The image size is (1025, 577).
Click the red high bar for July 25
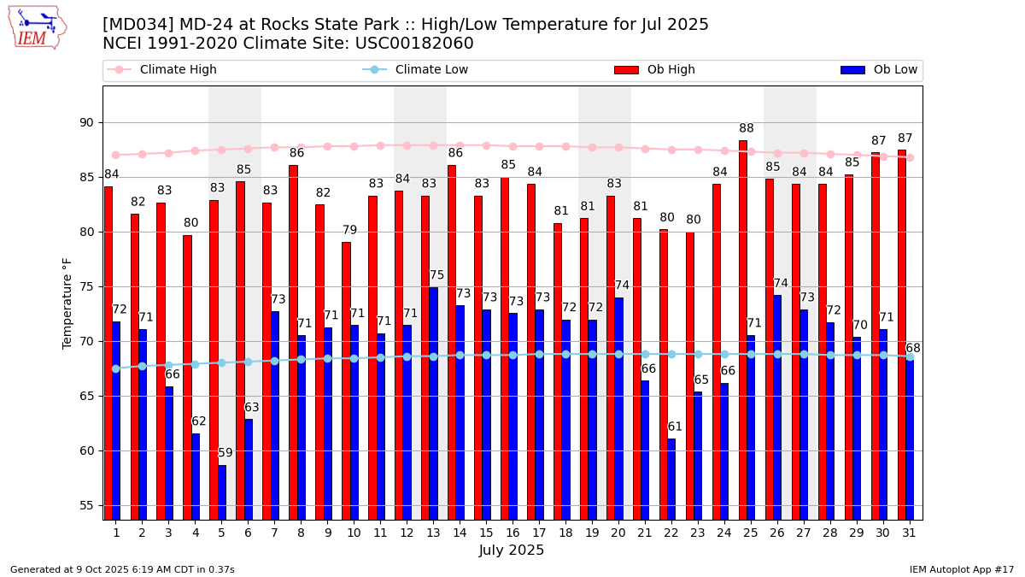[743, 329]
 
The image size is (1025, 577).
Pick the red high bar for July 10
[346, 380]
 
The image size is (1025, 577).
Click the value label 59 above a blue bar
[225, 453]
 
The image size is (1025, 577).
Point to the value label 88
[747, 129]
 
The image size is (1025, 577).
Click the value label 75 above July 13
[436, 275]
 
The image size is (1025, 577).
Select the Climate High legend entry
[178, 70]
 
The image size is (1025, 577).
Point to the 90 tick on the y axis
[86, 122]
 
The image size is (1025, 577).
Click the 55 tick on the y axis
[86, 505]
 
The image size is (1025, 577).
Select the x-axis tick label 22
[671, 533]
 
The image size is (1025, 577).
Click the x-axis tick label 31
[909, 533]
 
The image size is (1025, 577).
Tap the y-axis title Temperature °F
[67, 303]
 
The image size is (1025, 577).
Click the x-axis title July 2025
[512, 551]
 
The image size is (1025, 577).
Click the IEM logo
[38, 27]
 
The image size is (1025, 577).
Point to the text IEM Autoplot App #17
[961, 569]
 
